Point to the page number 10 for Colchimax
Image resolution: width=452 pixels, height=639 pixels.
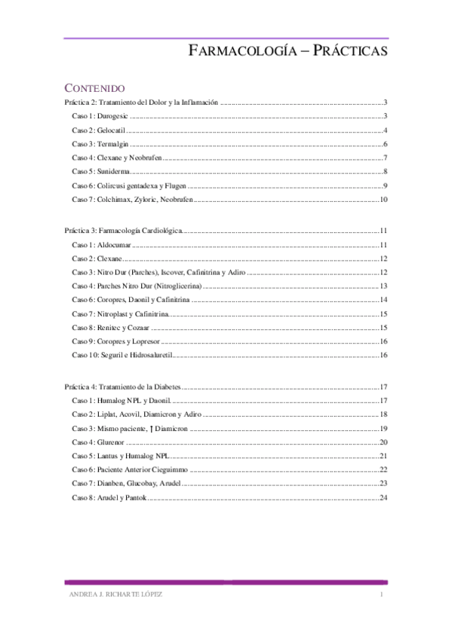(x=383, y=200)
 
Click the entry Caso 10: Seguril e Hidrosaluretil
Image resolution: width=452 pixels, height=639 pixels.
(x=124, y=355)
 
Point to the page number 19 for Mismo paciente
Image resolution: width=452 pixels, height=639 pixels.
(x=383, y=427)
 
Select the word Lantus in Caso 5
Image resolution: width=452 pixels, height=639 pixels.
(x=108, y=456)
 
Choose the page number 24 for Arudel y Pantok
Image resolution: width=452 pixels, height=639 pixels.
(x=383, y=497)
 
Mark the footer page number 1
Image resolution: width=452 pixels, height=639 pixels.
(x=383, y=595)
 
